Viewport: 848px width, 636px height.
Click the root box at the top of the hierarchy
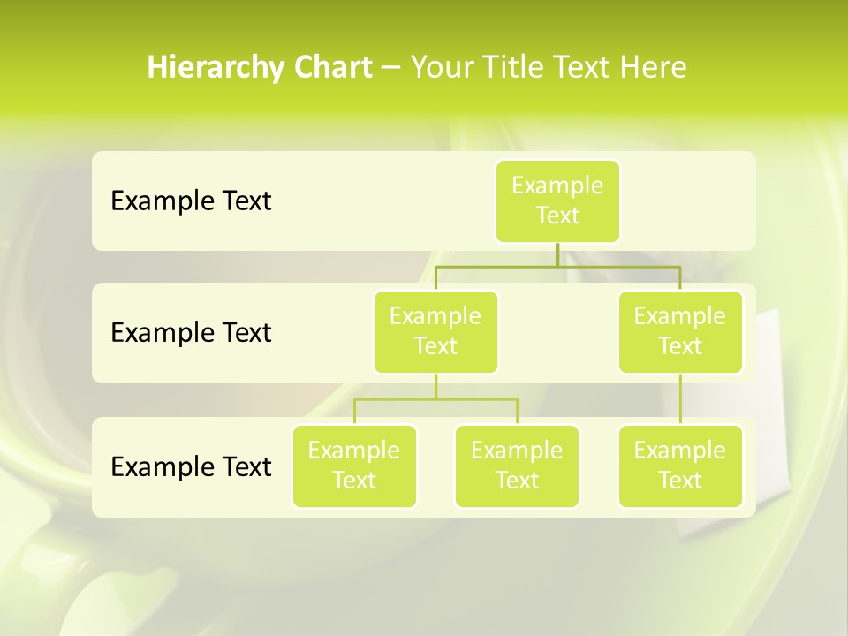point(557,201)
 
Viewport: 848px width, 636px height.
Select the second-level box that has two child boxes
point(435,331)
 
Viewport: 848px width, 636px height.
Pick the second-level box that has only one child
point(680,331)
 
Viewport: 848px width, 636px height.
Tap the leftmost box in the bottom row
point(354,466)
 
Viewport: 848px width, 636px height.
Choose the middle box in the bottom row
point(517,466)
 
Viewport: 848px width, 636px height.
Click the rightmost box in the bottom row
point(680,466)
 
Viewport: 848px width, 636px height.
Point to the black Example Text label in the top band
point(191,201)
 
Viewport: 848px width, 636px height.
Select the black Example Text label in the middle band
point(191,333)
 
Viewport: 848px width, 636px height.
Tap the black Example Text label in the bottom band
point(191,466)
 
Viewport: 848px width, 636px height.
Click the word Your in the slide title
point(440,67)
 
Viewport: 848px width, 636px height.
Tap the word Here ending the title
point(654,67)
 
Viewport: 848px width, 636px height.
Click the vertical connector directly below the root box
point(557,254)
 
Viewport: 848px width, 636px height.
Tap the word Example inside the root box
point(557,185)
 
